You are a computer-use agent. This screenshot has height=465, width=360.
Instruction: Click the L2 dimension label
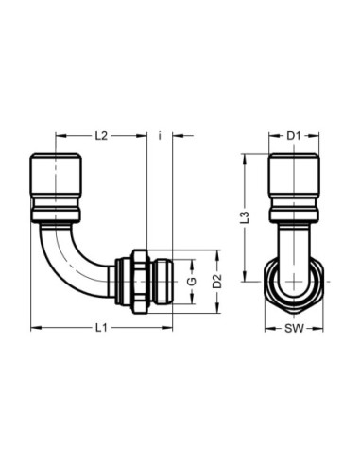[x=101, y=136]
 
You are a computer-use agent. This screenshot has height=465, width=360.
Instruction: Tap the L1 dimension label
[x=101, y=328]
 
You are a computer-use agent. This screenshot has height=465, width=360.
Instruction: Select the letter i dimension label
[x=160, y=136]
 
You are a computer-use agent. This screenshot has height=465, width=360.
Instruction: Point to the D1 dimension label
[x=293, y=136]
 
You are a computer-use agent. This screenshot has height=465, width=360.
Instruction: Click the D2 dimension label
[x=217, y=282]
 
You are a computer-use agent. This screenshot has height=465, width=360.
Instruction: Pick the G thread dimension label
[x=192, y=282]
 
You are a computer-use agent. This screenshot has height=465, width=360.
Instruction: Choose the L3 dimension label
[x=245, y=217]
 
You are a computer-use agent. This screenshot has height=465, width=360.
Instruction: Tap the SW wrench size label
[x=294, y=329]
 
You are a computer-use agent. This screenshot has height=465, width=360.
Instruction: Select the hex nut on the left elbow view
[x=140, y=282]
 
